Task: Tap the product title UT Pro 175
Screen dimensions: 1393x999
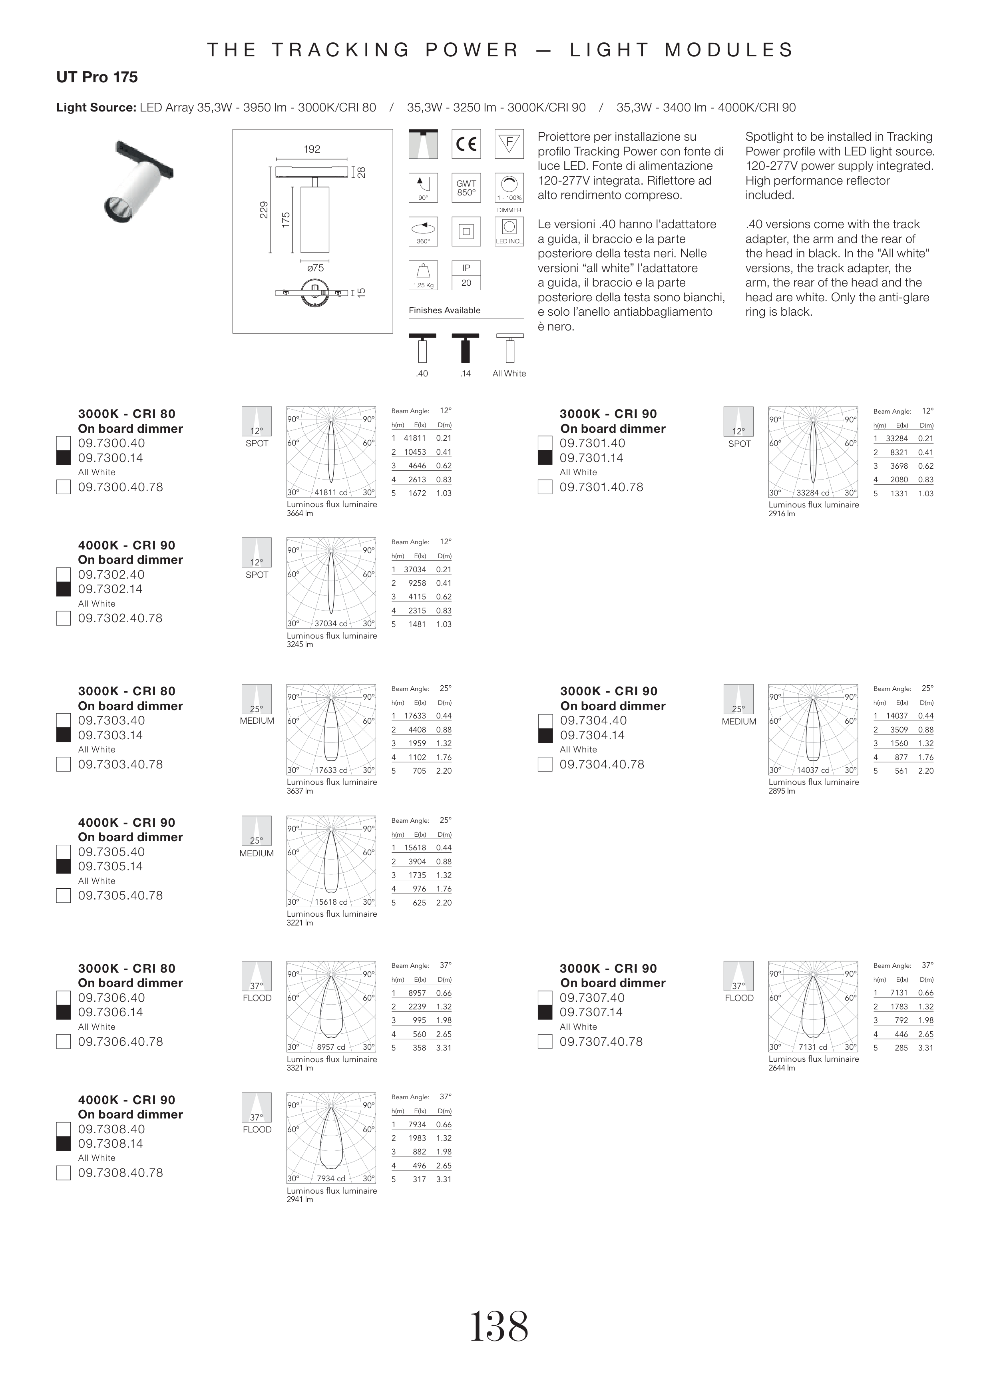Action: (x=97, y=78)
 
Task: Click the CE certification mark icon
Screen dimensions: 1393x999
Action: (x=466, y=144)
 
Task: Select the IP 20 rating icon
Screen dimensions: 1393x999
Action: (x=466, y=275)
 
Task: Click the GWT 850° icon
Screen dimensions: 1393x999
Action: (x=466, y=188)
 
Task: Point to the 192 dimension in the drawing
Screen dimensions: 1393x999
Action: (x=312, y=149)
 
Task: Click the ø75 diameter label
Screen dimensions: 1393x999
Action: (x=315, y=268)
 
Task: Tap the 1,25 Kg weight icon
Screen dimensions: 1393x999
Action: (x=423, y=275)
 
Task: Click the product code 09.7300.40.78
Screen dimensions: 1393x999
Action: (x=120, y=487)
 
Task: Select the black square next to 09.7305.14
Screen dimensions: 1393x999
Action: (x=63, y=867)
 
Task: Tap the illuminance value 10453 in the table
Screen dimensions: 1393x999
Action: (x=415, y=452)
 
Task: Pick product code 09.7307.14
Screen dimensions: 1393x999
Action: (x=592, y=1012)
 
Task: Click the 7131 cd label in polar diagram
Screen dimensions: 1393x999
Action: (x=812, y=1047)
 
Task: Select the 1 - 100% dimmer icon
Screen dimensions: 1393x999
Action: (x=509, y=188)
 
